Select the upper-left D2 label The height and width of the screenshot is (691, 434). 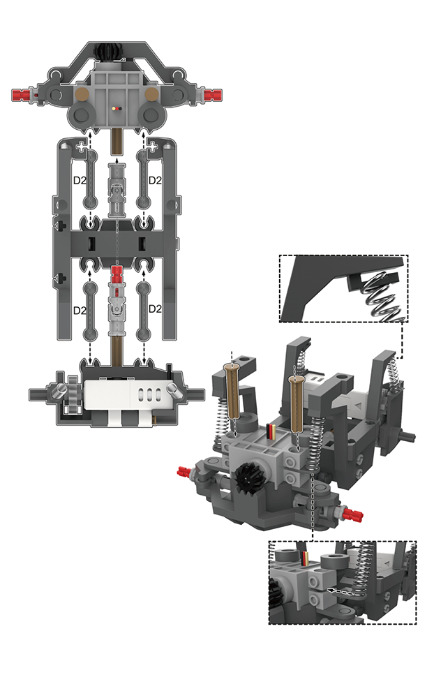80,180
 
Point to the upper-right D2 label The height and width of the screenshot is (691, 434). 155,180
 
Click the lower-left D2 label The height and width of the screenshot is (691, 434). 80,310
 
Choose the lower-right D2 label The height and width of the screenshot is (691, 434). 155,309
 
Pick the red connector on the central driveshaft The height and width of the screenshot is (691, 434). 117,275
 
